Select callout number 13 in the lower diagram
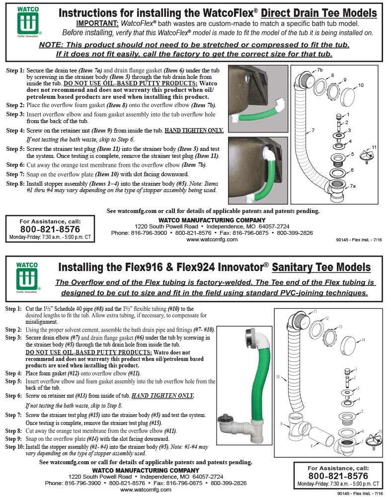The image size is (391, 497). click(340, 327)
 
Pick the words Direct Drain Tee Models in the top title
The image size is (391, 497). click(318, 13)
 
